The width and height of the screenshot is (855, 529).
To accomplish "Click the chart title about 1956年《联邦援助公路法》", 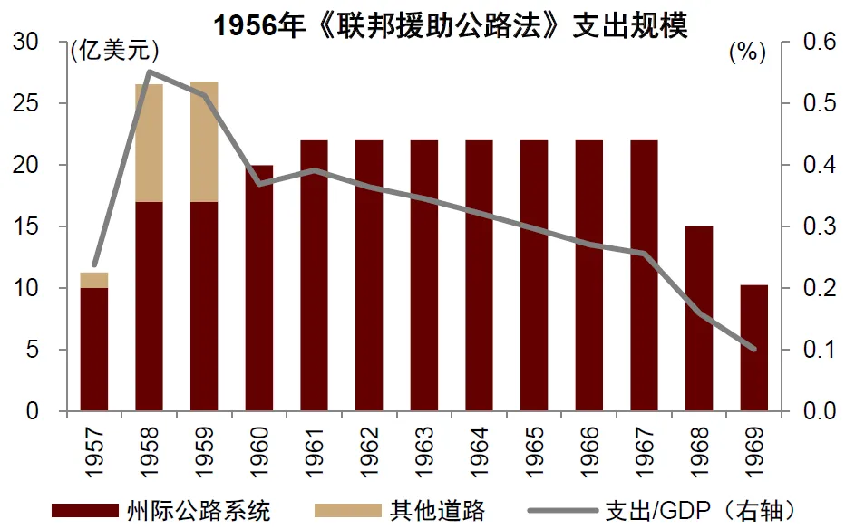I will coord(451,24).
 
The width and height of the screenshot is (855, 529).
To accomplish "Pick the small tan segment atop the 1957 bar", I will coord(94,280).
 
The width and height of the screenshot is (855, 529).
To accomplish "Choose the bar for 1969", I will coord(753,348).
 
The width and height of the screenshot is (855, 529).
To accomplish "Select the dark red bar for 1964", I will coord(479,276).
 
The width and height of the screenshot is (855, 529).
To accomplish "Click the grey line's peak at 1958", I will coord(149,72).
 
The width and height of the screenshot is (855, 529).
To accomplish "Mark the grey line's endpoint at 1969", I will coord(753,349).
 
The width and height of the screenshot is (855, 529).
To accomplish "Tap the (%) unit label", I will coord(747,52).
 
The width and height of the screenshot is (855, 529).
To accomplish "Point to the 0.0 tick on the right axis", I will coord(821,412).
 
